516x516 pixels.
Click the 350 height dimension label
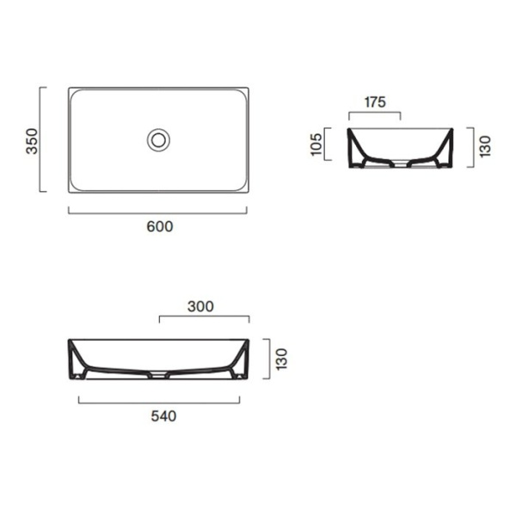pyautogui.click(x=32, y=140)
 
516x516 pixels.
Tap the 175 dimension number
pyautogui.click(x=374, y=101)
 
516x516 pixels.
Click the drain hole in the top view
pyautogui.click(x=158, y=139)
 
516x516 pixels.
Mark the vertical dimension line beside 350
pyautogui.click(x=41, y=140)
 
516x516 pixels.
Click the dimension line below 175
pyautogui.click(x=374, y=114)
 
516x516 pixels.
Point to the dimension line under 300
pyautogui.click(x=205, y=319)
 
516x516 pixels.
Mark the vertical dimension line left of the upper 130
pyautogui.click(x=470, y=147)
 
